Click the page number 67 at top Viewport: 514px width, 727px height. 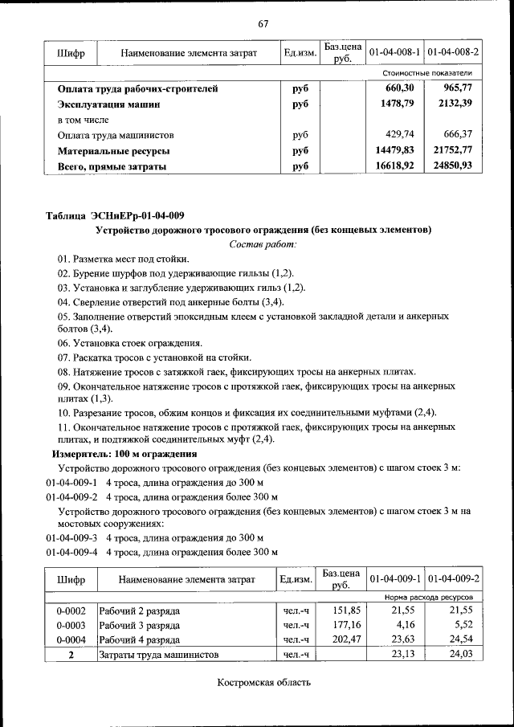click(x=263, y=22)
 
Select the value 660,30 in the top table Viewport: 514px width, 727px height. click(x=399, y=88)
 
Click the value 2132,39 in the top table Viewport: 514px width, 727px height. click(x=454, y=104)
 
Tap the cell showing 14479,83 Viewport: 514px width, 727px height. click(x=394, y=150)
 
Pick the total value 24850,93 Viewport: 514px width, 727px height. click(x=454, y=165)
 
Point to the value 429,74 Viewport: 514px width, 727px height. click(x=399, y=135)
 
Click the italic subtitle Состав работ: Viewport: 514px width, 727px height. click(x=263, y=243)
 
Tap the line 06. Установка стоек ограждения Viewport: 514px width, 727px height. click(x=124, y=343)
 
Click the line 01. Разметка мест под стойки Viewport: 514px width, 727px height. click(x=123, y=259)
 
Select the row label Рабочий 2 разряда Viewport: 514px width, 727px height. click(x=139, y=611)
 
